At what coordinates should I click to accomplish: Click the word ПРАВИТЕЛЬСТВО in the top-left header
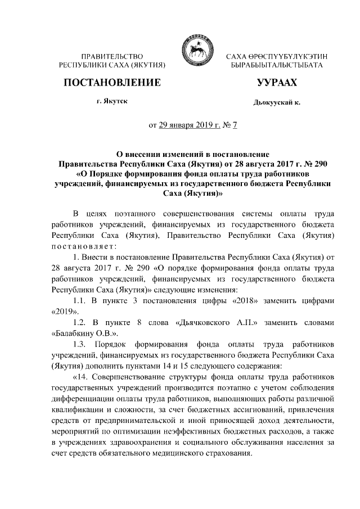111,57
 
